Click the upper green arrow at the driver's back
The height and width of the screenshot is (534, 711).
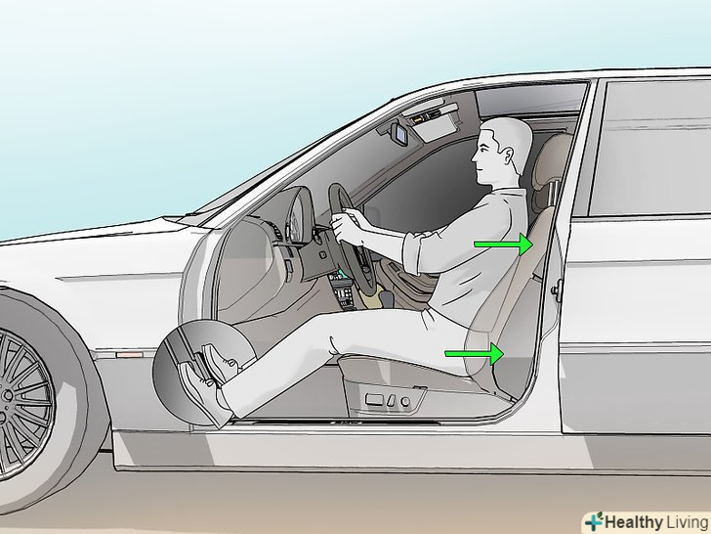pyautogui.click(x=503, y=245)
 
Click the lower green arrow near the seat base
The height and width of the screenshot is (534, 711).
pyautogui.click(x=475, y=353)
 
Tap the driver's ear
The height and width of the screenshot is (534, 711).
pyautogui.click(x=508, y=156)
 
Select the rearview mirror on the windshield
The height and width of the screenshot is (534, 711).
pyautogui.click(x=400, y=133)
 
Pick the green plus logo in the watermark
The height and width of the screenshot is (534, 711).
pyautogui.click(x=594, y=521)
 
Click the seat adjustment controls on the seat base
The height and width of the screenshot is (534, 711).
pyautogui.click(x=388, y=401)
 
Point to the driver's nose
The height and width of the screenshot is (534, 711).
pyautogui.click(x=474, y=157)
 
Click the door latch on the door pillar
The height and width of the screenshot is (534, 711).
pyautogui.click(x=557, y=289)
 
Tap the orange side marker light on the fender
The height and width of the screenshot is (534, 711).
pyautogui.click(x=129, y=354)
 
